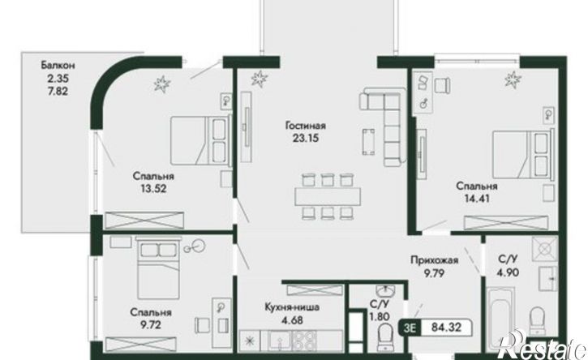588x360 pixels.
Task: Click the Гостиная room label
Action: coord(305,125)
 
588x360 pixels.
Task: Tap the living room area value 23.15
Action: coord(305,139)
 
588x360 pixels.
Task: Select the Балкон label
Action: coord(58,66)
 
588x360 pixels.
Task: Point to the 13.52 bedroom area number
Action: coord(153,189)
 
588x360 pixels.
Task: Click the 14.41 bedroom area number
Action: coord(477,199)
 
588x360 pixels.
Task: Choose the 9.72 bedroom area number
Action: coord(151,324)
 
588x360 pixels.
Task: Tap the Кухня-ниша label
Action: coord(292,307)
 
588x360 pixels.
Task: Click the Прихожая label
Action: coord(434,260)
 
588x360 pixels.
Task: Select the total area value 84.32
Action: coord(446,328)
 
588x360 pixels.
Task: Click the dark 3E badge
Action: coord(410,328)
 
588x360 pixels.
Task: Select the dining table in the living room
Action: coord(328,196)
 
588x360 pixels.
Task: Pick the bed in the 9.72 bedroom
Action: coord(158,268)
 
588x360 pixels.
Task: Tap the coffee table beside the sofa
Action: coord(368,141)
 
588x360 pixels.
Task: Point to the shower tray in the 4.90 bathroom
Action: coord(544,248)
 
